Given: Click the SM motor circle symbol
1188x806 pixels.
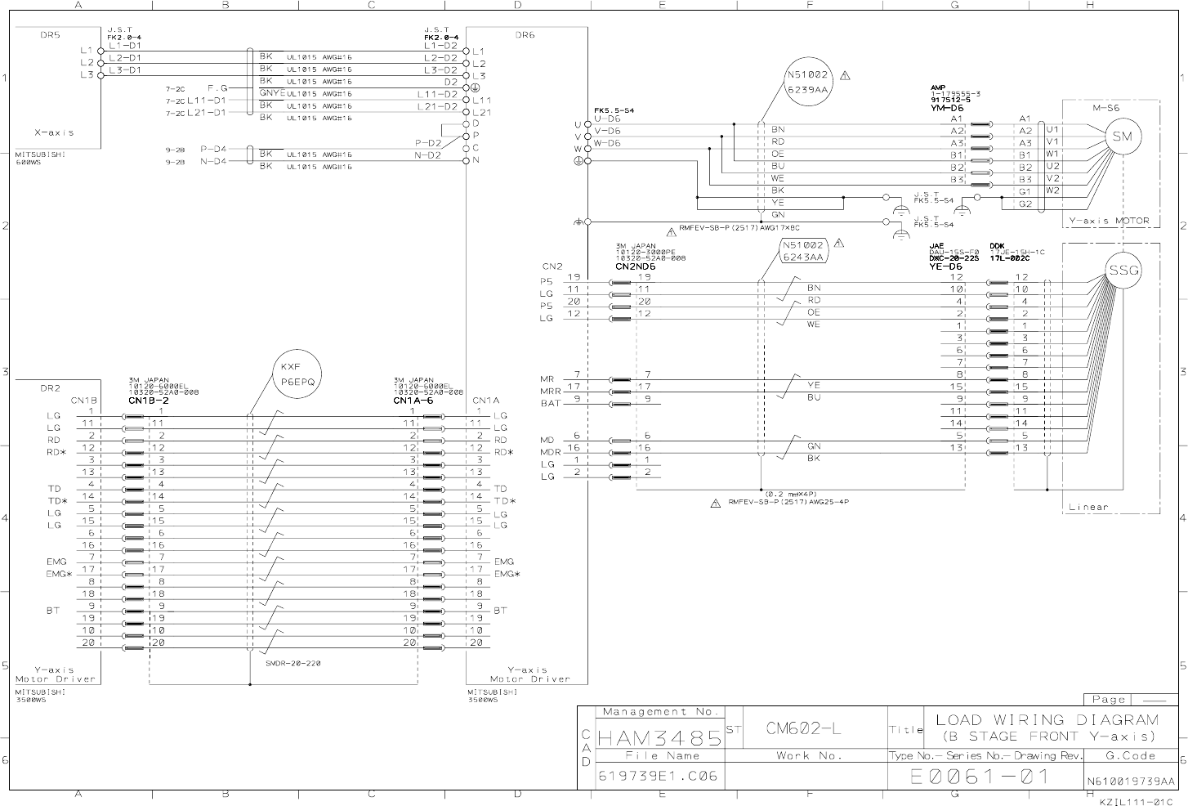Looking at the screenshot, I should pyautogui.click(x=1122, y=137).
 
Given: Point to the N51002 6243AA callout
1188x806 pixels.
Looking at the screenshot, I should pyautogui.click(x=804, y=251).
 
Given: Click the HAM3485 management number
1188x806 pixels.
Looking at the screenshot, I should pyautogui.click(x=660, y=738).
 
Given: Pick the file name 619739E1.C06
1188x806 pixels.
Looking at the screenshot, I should pyautogui.click(x=658, y=776).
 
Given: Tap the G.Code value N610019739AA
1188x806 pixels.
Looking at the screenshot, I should pyautogui.click(x=1130, y=781).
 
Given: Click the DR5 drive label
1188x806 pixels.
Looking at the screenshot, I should pyautogui.click(x=50, y=35).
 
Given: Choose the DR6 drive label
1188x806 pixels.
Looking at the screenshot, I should pyautogui.click(x=525, y=35).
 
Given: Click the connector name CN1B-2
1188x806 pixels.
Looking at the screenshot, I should pyautogui.click(x=149, y=401).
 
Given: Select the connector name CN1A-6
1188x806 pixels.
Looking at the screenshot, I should pyautogui.click(x=413, y=401).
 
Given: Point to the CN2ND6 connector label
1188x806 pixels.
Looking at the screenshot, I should pyautogui.click(x=636, y=266).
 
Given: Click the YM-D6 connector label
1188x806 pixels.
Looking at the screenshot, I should pyautogui.click(x=946, y=108).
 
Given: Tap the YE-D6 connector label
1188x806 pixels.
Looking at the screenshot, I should pyautogui.click(x=945, y=266).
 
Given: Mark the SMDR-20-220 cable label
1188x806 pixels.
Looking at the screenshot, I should pyautogui.click(x=293, y=663).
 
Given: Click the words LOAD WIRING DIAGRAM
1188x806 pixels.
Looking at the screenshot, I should pyautogui.click(x=1047, y=720).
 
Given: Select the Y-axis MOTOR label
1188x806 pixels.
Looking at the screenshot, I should pyautogui.click(x=1110, y=221).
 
